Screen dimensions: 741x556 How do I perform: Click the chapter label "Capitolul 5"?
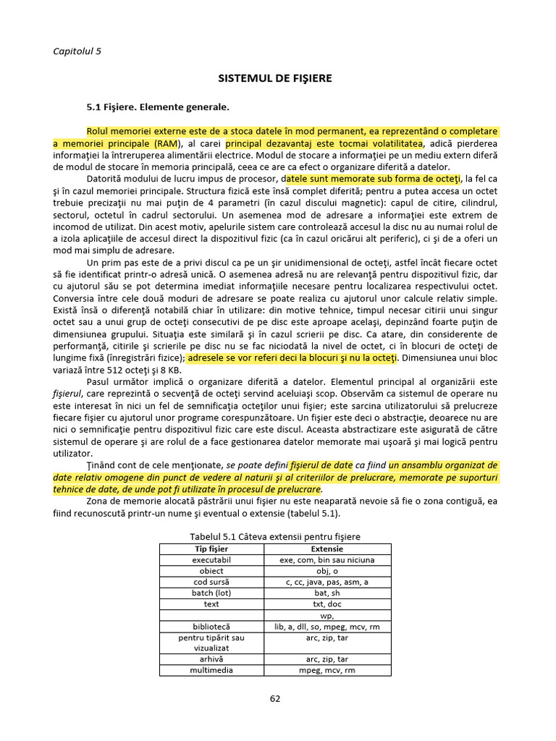[77, 51]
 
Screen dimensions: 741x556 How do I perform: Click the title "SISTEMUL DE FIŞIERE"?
[276, 78]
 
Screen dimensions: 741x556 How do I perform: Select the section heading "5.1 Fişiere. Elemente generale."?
[158, 107]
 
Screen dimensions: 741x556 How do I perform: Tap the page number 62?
[275, 698]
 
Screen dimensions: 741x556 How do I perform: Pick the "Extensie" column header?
[327, 549]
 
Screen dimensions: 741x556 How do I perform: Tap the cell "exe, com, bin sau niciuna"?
[327, 560]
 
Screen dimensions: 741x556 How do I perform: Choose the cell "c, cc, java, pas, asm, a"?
[327, 582]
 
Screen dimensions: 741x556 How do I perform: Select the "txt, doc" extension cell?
[327, 604]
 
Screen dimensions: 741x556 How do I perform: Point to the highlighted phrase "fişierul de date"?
[321, 465]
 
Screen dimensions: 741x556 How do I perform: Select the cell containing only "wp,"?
[327, 615]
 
